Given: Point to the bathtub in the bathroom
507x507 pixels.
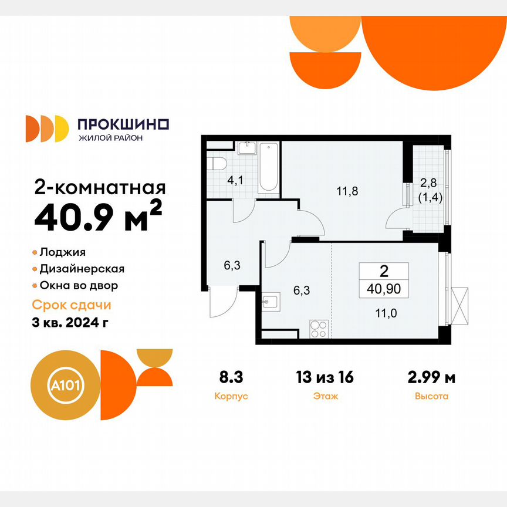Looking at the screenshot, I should (269, 167).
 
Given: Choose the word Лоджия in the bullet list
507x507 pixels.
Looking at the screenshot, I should (63, 252).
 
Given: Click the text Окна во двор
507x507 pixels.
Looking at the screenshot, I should (79, 286).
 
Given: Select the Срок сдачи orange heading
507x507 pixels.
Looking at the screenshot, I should (71, 306).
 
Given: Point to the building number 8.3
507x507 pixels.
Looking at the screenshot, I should (232, 377).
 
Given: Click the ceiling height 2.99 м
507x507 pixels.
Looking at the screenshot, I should (431, 377).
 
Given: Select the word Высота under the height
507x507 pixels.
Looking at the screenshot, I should (431, 396).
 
